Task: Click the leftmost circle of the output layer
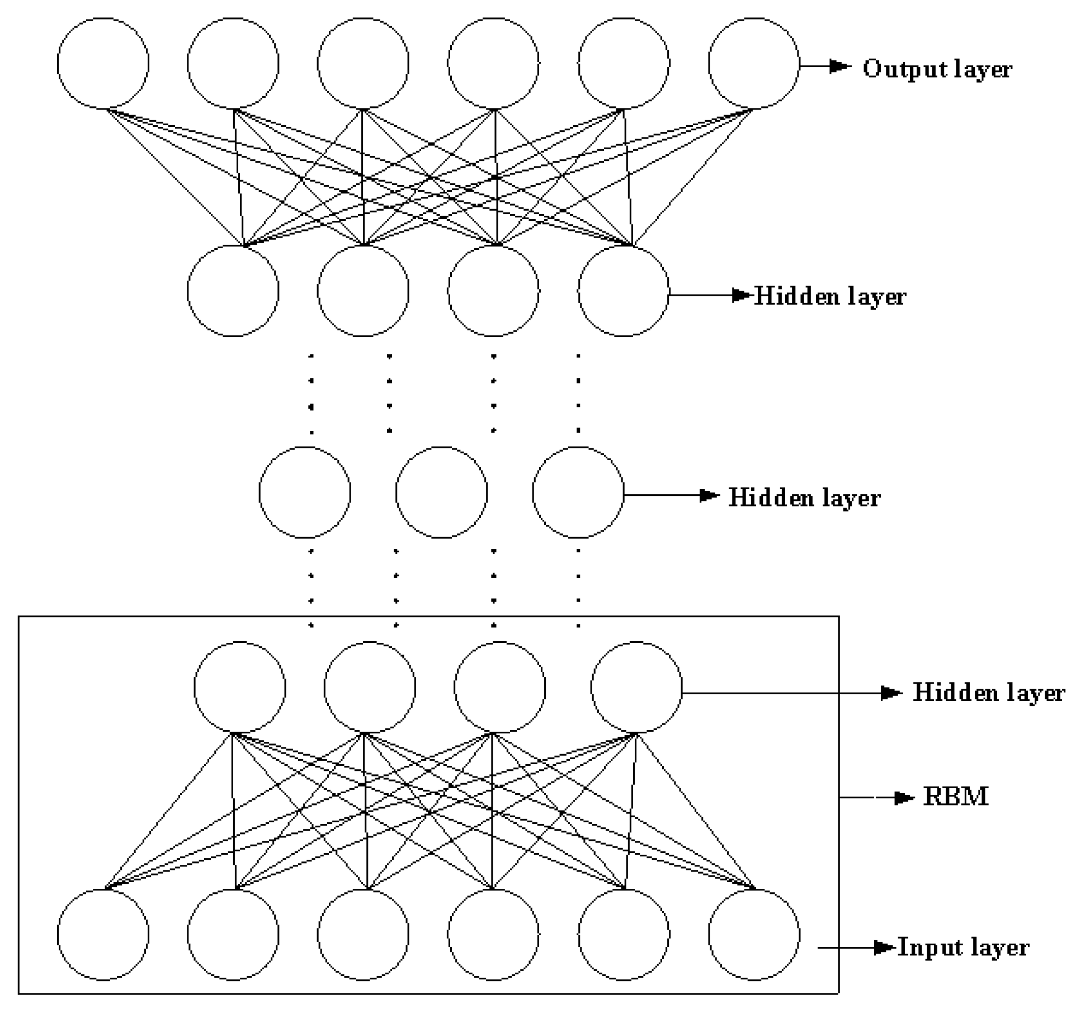click(x=103, y=63)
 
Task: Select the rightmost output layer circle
click(x=753, y=63)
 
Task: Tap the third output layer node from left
click(x=363, y=63)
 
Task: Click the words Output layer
click(x=937, y=69)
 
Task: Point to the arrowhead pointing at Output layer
click(x=839, y=67)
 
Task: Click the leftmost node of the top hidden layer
click(x=233, y=291)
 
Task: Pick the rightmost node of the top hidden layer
click(x=623, y=291)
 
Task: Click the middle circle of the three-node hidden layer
click(x=441, y=492)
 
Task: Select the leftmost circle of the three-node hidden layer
click(x=305, y=492)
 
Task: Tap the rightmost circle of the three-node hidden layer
click(x=578, y=492)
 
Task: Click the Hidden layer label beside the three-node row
click(x=804, y=498)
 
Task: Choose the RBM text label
click(x=955, y=797)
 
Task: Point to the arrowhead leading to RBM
click(x=903, y=798)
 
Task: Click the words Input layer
click(x=963, y=947)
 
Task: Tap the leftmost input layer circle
click(x=103, y=935)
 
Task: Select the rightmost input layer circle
click(x=753, y=935)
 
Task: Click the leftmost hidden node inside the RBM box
click(x=240, y=687)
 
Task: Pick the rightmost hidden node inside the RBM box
click(x=636, y=687)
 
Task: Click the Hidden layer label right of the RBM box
click(x=988, y=693)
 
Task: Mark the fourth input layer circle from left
click(x=493, y=935)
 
